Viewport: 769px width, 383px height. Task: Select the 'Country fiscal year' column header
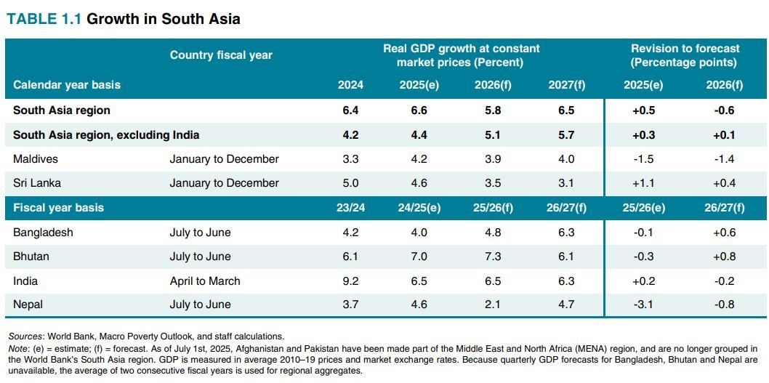221,55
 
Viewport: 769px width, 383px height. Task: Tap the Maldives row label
36,158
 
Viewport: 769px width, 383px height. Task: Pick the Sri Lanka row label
37,183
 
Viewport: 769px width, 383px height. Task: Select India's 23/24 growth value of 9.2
350,281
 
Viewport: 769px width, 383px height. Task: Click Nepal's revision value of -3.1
643,305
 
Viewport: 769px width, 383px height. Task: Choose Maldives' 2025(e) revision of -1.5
643,158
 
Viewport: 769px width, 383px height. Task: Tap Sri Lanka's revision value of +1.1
643,183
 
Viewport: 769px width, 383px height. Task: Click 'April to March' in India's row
205,281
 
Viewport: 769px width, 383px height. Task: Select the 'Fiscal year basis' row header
58,208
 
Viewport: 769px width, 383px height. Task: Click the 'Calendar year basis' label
67,85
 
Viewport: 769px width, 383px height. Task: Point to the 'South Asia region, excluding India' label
106,134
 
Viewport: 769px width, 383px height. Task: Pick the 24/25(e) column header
420,208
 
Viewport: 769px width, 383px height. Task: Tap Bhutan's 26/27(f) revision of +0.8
725,257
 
